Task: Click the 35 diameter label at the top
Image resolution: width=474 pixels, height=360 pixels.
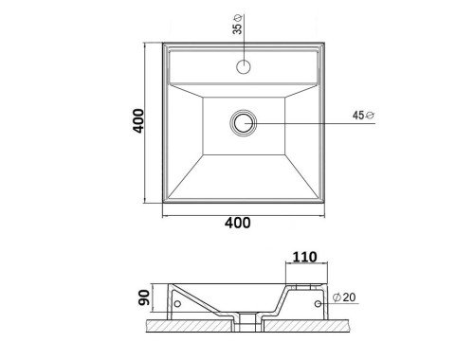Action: point(237,25)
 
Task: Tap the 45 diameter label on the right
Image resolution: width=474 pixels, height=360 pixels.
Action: point(363,116)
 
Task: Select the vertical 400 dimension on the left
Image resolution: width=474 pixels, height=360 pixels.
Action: point(138,120)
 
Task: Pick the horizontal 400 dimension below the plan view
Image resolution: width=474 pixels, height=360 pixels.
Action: point(238,223)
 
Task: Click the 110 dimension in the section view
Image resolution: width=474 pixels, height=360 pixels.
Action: point(304,257)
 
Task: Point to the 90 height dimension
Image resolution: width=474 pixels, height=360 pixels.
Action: point(144,297)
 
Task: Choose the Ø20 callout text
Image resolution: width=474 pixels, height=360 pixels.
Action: point(344,297)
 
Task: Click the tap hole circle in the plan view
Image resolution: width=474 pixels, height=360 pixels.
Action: point(244,66)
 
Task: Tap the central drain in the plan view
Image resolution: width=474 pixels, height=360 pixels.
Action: point(244,123)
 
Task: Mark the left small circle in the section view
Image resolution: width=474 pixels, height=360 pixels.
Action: point(177,304)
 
